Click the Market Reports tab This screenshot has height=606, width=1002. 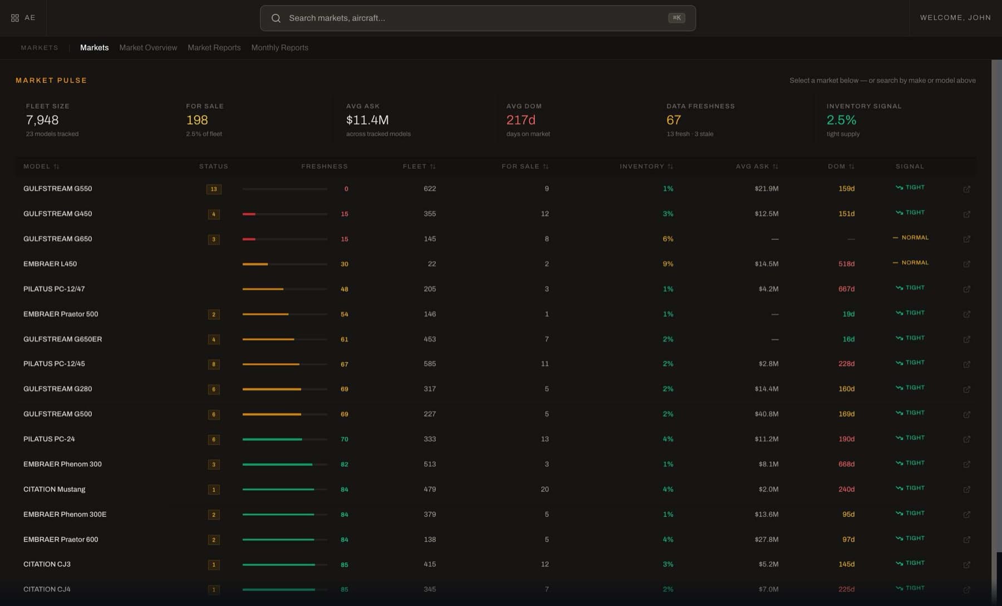click(x=214, y=48)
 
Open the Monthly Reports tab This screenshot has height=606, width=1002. click(x=279, y=48)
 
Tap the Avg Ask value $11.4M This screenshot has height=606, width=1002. click(x=367, y=120)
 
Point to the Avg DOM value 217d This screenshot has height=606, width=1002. click(x=520, y=120)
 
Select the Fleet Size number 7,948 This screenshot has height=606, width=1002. click(x=42, y=120)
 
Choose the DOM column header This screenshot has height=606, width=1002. click(x=836, y=167)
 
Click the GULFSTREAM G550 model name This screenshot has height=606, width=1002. click(x=58, y=189)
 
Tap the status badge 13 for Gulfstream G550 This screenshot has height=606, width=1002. click(x=214, y=189)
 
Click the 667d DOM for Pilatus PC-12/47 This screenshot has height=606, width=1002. click(x=847, y=289)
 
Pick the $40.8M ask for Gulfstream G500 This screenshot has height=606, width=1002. click(x=767, y=414)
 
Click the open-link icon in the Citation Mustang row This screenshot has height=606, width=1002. click(x=967, y=490)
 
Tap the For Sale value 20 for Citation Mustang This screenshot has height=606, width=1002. click(x=545, y=490)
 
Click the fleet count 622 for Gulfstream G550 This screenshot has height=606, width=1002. click(x=430, y=189)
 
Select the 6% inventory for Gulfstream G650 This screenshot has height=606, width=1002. click(x=668, y=239)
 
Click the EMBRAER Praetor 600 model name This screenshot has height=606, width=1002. click(x=61, y=540)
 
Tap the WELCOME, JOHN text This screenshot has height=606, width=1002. click(x=955, y=18)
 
